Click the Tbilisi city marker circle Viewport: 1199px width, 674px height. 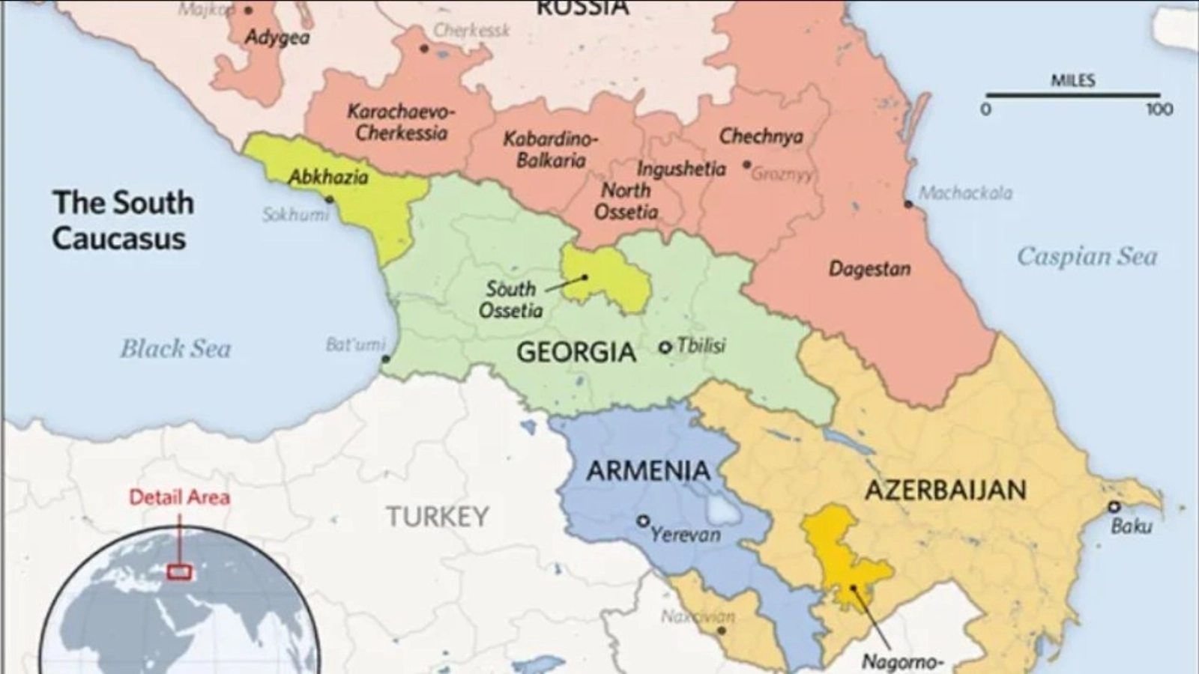665,347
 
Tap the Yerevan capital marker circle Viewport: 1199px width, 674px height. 642,520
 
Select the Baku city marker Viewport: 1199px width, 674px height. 1114,507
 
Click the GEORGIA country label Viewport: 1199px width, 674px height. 576,352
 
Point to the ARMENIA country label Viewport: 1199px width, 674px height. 648,471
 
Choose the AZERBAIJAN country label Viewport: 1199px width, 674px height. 946,490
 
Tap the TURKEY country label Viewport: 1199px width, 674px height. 438,517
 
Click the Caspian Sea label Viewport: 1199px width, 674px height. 1087,257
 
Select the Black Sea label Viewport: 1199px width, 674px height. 175,349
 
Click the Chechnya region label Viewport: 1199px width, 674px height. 761,136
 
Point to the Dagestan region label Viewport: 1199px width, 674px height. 869,269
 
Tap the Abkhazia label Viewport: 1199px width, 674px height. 328,177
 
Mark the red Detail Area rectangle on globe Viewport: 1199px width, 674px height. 179,573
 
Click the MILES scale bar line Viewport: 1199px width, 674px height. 1072,96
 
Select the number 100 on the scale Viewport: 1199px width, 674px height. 1159,110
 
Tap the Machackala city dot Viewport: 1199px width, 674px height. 908,204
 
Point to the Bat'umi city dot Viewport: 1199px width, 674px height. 385,359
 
